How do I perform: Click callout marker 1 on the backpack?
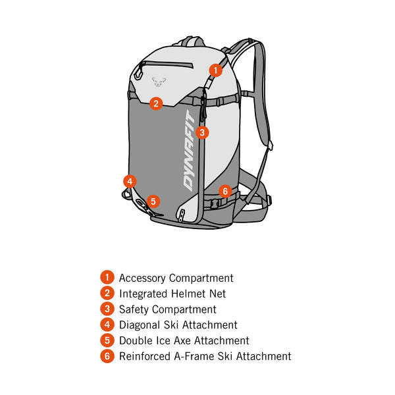point(216,70)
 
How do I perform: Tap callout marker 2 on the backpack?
point(155,103)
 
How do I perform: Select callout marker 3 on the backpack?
point(203,132)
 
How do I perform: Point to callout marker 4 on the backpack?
point(130,180)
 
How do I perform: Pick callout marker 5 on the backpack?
point(153,201)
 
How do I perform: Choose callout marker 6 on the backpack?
point(224,191)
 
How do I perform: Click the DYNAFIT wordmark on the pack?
point(190,151)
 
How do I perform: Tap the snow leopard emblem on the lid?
point(159,82)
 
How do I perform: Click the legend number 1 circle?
point(107,278)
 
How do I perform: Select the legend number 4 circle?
point(107,325)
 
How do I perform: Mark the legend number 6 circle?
point(107,356)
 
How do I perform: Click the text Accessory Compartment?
point(176,278)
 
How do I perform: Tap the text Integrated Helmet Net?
point(172,294)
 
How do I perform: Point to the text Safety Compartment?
point(167,309)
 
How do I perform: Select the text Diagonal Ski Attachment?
point(178,325)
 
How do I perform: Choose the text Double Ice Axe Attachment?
point(184,340)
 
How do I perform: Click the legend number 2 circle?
point(107,294)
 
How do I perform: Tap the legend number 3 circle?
point(107,309)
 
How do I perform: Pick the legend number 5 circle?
point(107,340)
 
